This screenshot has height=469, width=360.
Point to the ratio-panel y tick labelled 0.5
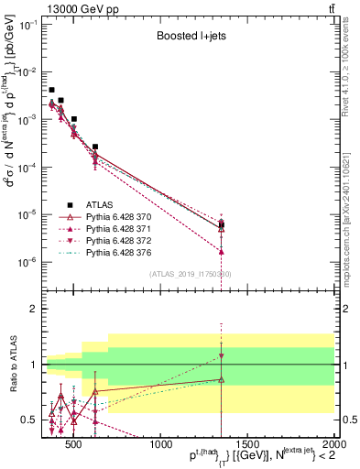(x=33, y=420)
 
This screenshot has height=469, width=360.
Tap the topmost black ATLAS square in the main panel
(x=51, y=90)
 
